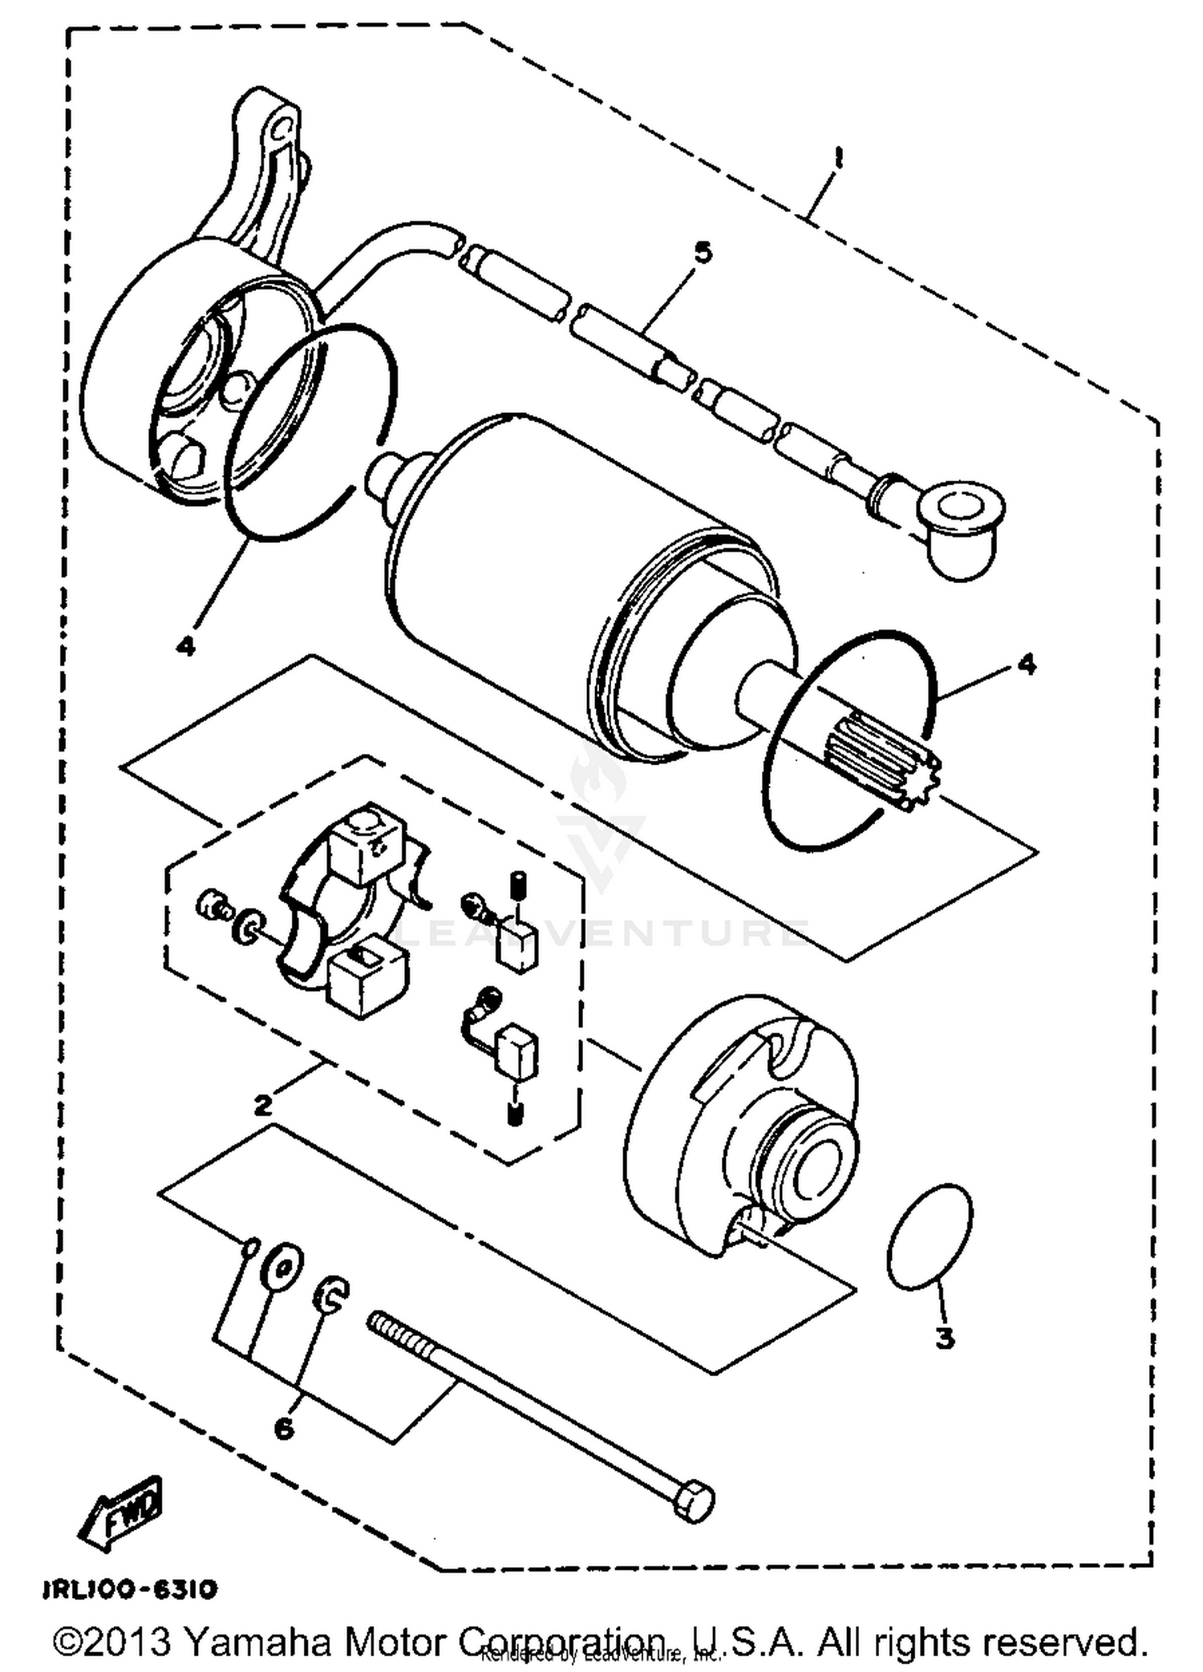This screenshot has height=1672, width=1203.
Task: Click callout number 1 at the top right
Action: click(x=839, y=157)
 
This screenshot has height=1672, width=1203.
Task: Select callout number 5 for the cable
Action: click(x=703, y=253)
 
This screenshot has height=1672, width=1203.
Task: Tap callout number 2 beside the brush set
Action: click(x=263, y=1105)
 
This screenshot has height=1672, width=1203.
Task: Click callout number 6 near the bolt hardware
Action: click(x=284, y=1428)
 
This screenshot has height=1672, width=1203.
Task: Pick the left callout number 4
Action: click(x=186, y=646)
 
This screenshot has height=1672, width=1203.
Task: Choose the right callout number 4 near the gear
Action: click(x=1026, y=664)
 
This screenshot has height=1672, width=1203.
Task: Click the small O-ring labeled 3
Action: click(x=930, y=1239)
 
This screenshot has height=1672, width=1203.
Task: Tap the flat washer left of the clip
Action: click(x=282, y=1268)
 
